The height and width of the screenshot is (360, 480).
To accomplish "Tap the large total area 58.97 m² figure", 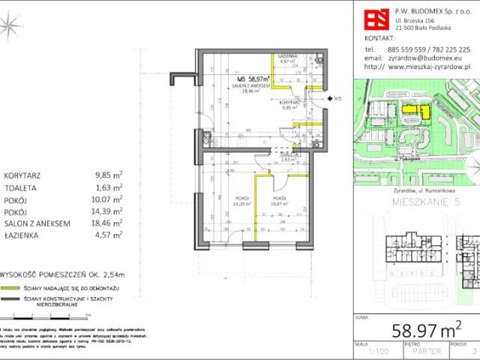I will click(424, 331).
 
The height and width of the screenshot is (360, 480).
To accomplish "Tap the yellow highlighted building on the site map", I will click(414, 112).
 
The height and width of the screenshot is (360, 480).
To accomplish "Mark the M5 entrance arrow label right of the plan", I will click(337, 98).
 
